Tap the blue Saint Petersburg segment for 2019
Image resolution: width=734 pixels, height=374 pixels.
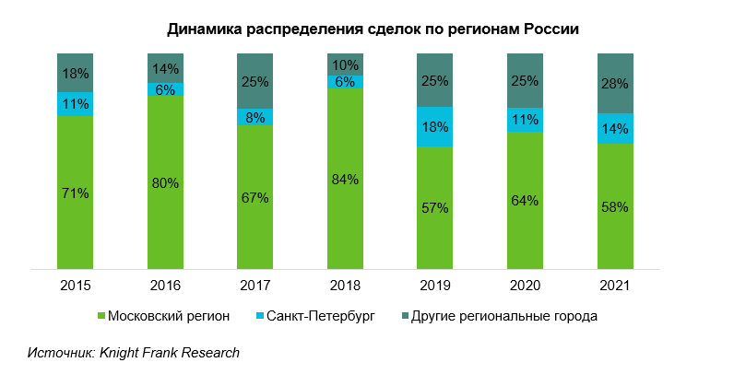tap(434, 127)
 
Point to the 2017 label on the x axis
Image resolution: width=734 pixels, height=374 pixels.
tap(255, 286)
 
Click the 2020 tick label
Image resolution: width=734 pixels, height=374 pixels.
tap(525, 286)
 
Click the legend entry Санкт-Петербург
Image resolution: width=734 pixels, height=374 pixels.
tap(323, 316)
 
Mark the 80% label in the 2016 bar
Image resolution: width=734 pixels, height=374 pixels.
tap(164, 182)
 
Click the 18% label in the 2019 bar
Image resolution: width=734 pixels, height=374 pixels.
tap(434, 127)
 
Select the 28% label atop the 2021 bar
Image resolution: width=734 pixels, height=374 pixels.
tap(615, 83)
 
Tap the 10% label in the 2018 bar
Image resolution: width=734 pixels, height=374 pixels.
tap(345, 64)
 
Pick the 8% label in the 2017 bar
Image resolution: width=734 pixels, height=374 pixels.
tap(255, 117)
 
